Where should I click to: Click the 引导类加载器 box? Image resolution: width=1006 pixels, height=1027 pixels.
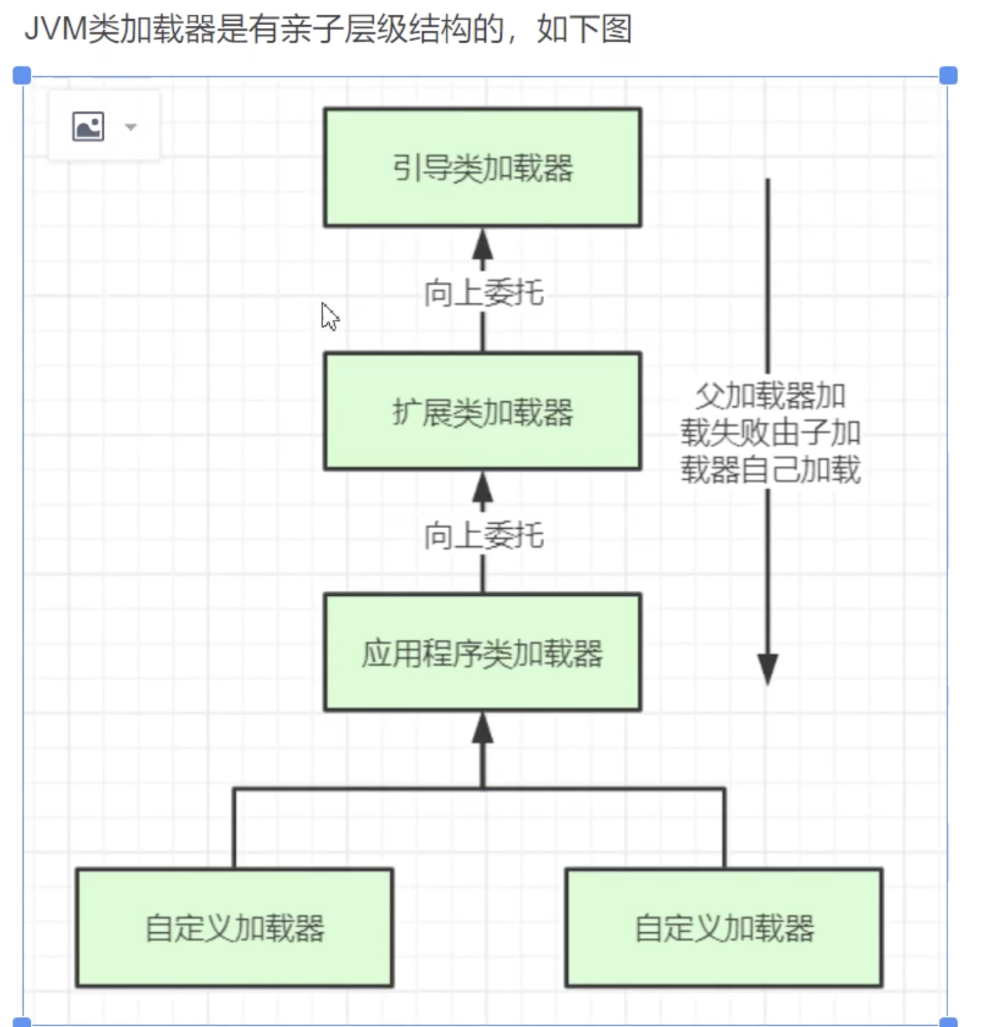(x=482, y=167)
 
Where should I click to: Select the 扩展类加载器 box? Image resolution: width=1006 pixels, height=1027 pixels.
(x=482, y=411)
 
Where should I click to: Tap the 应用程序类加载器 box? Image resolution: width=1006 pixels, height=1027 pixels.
(x=482, y=652)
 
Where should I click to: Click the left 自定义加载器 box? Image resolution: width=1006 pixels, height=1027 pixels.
(x=234, y=927)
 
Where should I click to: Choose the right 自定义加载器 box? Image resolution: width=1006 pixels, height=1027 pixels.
(x=724, y=927)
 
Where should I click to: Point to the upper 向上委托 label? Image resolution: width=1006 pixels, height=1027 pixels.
(x=483, y=292)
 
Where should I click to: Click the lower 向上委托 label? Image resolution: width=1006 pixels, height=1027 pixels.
(x=483, y=536)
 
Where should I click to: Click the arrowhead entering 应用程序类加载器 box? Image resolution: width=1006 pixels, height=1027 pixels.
(x=482, y=728)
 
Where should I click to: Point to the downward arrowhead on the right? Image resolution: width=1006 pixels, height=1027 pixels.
(x=767, y=668)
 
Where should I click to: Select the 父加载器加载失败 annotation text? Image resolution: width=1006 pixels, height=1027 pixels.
(x=770, y=433)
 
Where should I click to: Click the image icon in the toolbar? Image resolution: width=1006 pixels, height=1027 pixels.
(x=89, y=126)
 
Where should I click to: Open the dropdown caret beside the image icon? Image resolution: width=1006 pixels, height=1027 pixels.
(x=130, y=127)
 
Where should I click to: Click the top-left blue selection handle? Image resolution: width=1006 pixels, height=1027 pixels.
(x=22, y=75)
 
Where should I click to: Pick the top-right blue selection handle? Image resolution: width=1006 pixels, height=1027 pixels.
(x=948, y=75)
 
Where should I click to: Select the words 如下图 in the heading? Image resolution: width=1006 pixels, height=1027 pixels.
(x=585, y=30)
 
